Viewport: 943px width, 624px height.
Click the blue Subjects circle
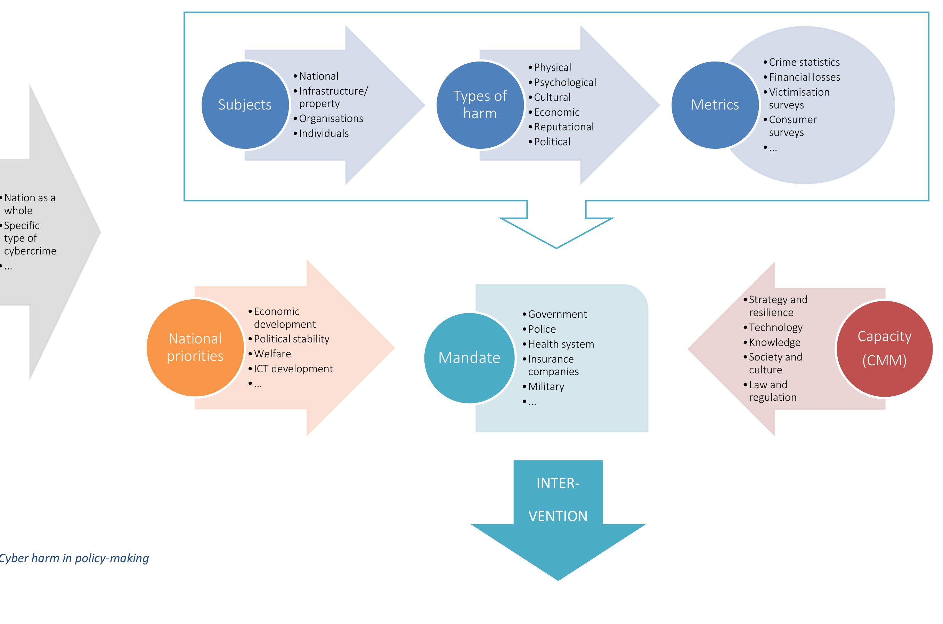(x=245, y=105)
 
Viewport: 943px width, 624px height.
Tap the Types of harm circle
(x=480, y=105)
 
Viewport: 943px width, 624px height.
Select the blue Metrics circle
(x=715, y=105)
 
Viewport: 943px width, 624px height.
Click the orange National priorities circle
(x=195, y=347)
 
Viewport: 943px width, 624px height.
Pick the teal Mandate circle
(x=469, y=358)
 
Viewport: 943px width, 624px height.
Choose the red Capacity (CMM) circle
(x=884, y=349)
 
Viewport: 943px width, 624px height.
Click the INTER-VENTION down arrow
(x=558, y=517)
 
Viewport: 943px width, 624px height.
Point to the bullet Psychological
(x=564, y=82)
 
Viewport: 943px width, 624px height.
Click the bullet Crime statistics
(x=804, y=63)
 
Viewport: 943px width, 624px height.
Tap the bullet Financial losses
(x=804, y=77)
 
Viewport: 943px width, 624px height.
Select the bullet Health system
(x=561, y=344)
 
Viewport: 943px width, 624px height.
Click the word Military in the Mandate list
(x=546, y=387)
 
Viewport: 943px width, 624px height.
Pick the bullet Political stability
(x=291, y=339)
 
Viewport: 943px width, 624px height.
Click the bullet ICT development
(x=293, y=369)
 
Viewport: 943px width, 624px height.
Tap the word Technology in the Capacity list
(x=775, y=327)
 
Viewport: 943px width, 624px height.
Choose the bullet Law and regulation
(x=772, y=391)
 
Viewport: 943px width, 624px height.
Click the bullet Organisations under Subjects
(x=331, y=119)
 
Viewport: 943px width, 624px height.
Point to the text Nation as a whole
(x=30, y=204)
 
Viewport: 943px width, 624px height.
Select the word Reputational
(x=563, y=127)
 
